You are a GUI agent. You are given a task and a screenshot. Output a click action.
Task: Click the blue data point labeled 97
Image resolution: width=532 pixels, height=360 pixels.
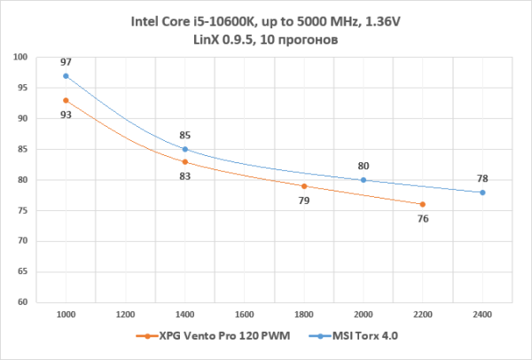tap(66, 75)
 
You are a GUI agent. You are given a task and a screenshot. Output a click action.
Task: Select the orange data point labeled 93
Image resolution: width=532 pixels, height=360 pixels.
tap(66, 100)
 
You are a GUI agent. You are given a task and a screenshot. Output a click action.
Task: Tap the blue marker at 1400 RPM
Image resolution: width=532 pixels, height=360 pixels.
tap(184, 149)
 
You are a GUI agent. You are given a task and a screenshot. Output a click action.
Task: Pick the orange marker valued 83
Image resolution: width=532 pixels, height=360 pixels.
tap(184, 161)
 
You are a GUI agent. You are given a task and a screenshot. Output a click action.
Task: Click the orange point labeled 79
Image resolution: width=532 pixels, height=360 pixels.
tap(303, 186)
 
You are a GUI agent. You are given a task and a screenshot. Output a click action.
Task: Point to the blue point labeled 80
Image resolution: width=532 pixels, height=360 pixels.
tap(364, 180)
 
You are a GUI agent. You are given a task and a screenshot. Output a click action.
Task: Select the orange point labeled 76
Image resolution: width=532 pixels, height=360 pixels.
tap(423, 204)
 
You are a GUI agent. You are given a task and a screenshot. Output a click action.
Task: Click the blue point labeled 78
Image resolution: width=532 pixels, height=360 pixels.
tap(482, 192)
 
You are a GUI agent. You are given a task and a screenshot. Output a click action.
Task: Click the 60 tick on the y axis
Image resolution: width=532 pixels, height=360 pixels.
tap(22, 302)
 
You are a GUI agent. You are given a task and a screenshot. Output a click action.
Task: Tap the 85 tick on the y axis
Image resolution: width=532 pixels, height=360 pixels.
tap(22, 149)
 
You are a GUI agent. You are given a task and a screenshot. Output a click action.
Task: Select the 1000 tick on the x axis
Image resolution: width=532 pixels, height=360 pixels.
tap(66, 314)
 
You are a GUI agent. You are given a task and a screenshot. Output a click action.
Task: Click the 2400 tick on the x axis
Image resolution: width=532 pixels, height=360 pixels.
tap(482, 314)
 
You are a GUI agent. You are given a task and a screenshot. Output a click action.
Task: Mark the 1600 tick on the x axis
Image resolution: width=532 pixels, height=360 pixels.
tap(244, 314)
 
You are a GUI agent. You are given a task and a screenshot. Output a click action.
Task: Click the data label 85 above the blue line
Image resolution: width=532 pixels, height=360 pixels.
tap(184, 137)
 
